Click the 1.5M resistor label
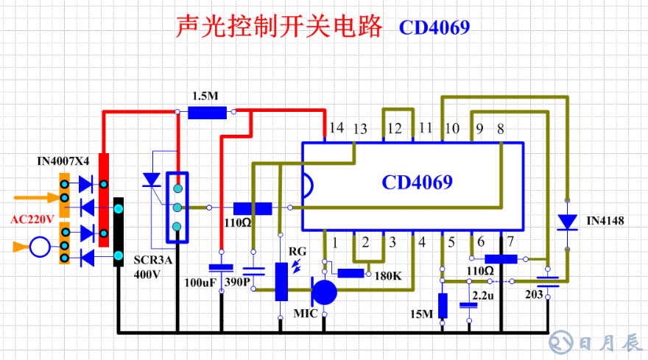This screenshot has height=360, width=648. (x=205, y=96)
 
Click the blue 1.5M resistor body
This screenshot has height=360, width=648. (x=207, y=113)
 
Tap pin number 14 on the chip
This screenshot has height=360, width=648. (x=337, y=128)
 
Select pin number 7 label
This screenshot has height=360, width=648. (x=510, y=241)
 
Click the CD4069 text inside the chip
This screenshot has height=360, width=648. (x=416, y=182)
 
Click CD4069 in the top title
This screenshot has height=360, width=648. (x=434, y=27)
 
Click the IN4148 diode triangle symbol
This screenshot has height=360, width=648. (x=567, y=221)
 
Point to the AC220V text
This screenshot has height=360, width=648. (x=32, y=219)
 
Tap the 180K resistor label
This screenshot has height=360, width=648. (x=387, y=276)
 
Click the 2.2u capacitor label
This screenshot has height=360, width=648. (x=483, y=294)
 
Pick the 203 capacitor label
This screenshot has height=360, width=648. (x=535, y=294)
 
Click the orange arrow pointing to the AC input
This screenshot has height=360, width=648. (x=34, y=197)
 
